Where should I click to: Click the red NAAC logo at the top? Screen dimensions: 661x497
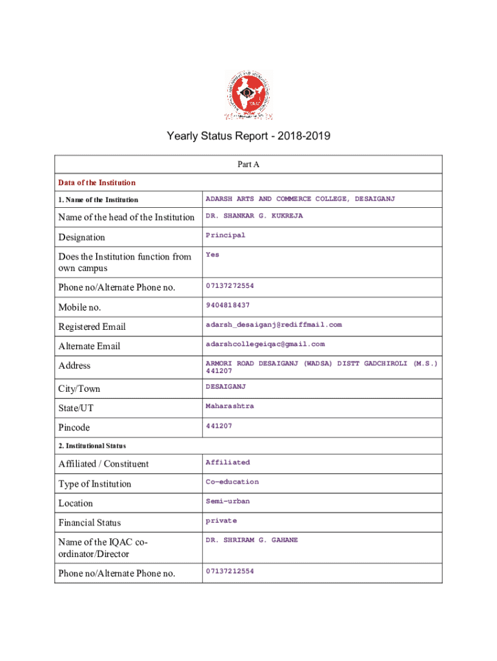pyautogui.click(x=249, y=96)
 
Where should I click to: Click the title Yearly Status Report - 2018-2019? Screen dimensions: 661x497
pyautogui.click(x=249, y=136)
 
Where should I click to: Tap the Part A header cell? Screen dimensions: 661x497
pyautogui.click(x=249, y=165)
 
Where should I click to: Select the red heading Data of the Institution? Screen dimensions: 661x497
pyautogui.click(x=97, y=183)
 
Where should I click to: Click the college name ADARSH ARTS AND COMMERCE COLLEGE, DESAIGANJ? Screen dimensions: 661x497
pyautogui.click(x=300, y=199)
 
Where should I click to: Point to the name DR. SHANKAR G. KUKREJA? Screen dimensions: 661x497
pyautogui.click(x=254, y=216)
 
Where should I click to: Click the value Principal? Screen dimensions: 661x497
pyautogui.click(x=225, y=235)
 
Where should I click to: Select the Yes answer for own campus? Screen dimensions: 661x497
pyautogui.click(x=212, y=254)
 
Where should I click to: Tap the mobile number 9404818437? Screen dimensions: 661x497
pyautogui.click(x=228, y=305)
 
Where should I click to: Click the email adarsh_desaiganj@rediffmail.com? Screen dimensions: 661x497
pyautogui.click(x=274, y=325)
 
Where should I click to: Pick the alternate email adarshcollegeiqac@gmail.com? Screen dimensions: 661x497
pyautogui.click(x=265, y=344)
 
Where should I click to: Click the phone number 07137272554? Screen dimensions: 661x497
pyautogui.click(x=230, y=285)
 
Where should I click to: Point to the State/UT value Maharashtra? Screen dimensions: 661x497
pyautogui.click(x=230, y=406)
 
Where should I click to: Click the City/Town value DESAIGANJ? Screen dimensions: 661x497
pyautogui.click(x=226, y=387)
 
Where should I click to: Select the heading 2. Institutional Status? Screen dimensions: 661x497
pyautogui.click(x=92, y=445)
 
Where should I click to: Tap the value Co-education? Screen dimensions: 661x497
pyautogui.click(x=232, y=482)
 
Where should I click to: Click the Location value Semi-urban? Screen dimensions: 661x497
pyautogui.click(x=228, y=501)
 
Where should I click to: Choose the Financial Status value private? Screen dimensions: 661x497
pyautogui.click(x=221, y=520)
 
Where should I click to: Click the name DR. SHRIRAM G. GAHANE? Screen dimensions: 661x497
pyautogui.click(x=252, y=540)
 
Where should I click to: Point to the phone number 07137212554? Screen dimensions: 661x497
pyautogui.click(x=230, y=571)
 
